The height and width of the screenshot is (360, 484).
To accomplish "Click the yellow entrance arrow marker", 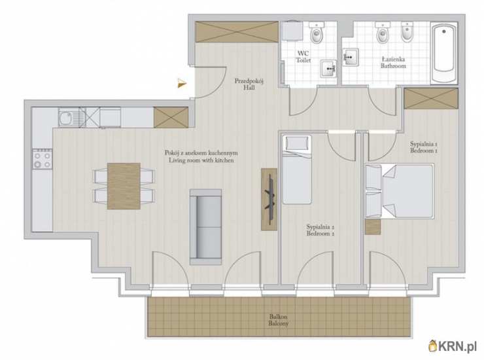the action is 182,83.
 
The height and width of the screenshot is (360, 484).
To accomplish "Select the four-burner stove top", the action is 43,159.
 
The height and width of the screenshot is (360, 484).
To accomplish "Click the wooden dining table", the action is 124,186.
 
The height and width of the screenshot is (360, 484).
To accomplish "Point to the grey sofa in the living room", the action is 205,227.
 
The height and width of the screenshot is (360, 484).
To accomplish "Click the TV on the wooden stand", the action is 270,200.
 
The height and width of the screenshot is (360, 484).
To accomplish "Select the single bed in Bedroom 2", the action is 297,170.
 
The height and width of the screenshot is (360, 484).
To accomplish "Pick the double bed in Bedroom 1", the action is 400,191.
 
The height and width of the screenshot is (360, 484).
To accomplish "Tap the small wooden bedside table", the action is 373,227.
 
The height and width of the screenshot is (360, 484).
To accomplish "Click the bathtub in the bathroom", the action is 444,53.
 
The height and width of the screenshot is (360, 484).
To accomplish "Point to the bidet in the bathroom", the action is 407,33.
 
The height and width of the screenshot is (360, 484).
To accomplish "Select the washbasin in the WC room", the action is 328,68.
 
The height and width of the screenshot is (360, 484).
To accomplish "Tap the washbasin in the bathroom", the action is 351,57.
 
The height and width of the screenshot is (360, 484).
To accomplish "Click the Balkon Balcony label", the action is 279,320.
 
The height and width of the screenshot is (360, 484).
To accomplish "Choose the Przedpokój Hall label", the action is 249,84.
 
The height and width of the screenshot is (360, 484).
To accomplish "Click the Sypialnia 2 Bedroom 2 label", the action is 320,230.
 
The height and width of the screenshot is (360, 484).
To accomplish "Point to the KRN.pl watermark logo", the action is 453,346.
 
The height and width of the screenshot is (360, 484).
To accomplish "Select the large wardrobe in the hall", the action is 237,32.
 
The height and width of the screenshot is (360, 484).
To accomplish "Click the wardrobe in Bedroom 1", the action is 431,99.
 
